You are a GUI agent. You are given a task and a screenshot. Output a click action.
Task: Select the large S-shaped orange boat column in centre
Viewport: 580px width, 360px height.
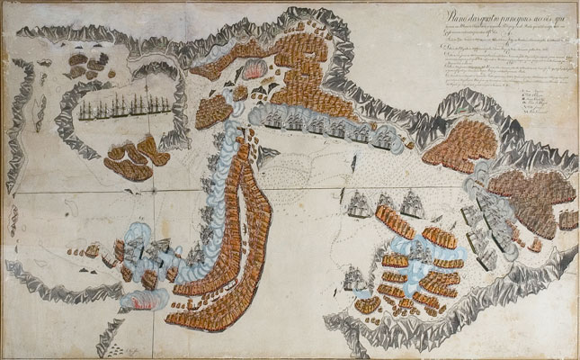pos(238,225)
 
